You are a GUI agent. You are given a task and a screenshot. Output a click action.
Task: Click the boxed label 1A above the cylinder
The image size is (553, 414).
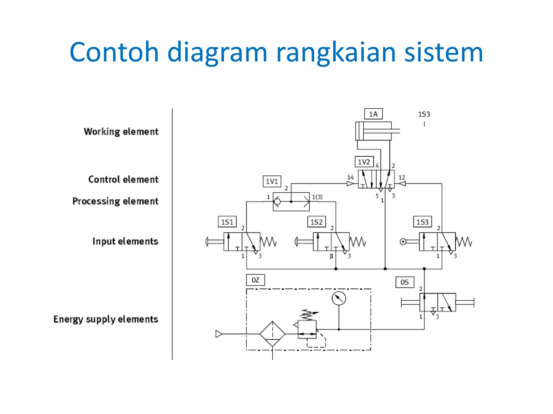click(x=373, y=114)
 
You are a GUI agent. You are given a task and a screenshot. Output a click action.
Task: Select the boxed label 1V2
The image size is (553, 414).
click(x=364, y=162)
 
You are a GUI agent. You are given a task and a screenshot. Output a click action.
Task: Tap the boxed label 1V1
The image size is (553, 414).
click(x=272, y=181)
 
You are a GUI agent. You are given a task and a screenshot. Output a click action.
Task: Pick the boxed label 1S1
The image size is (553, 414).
click(x=227, y=222)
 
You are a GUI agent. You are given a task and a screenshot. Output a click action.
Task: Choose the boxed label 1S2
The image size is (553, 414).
click(x=316, y=222)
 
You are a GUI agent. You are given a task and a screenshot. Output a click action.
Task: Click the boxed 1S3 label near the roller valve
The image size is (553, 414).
click(x=422, y=222)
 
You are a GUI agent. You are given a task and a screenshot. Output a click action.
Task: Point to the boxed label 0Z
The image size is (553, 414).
click(x=255, y=280)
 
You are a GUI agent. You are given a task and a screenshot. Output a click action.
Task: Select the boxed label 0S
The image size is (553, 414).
click(x=404, y=282)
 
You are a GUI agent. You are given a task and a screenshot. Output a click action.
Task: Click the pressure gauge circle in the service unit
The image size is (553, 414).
click(x=339, y=298)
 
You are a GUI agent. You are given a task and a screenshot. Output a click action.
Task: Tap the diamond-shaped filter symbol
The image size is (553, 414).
click(x=272, y=334)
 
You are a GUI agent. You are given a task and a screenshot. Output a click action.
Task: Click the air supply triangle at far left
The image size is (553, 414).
click(x=218, y=334)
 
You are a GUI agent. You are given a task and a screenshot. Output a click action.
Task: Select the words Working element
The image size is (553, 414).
click(x=121, y=132)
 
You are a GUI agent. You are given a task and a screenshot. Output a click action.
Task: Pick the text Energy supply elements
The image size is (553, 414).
click(x=106, y=319)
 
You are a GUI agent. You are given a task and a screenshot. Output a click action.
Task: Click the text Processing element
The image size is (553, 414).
click(x=115, y=201)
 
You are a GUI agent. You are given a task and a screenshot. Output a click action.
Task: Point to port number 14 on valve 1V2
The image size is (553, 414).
click(x=350, y=177)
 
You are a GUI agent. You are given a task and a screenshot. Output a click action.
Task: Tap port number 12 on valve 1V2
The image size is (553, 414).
click(x=402, y=177)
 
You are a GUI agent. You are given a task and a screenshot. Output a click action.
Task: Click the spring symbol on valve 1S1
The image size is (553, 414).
click(x=268, y=241)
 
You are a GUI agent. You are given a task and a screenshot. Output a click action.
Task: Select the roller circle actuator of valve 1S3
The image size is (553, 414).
click(x=403, y=242)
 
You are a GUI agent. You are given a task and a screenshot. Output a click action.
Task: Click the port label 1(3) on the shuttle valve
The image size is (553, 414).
click(x=317, y=197)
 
